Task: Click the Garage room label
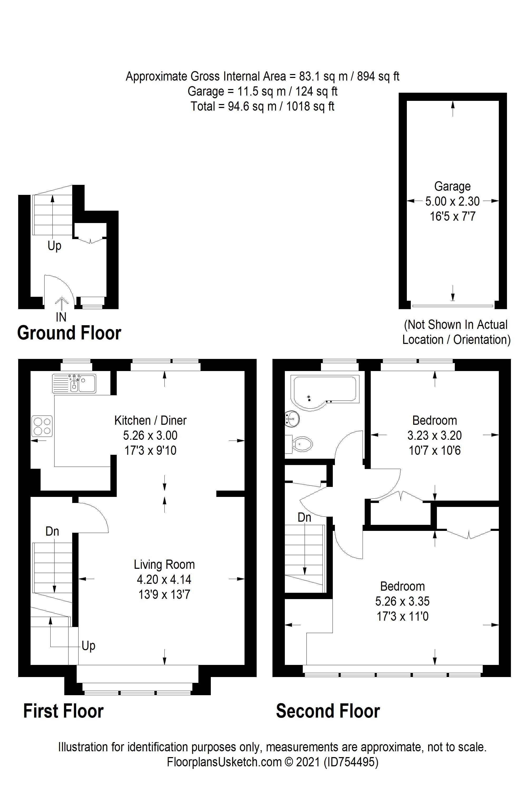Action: pos(452,186)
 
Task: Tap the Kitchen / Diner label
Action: pos(150,420)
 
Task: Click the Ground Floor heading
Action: pos(69,333)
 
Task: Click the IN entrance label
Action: pos(61,317)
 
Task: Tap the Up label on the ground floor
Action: pos(55,246)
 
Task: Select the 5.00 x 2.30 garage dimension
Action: pos(452,201)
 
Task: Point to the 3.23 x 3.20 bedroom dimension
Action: pos(435,435)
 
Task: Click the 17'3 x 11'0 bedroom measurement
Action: pos(403,616)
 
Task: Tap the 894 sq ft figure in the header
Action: pos(378,77)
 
